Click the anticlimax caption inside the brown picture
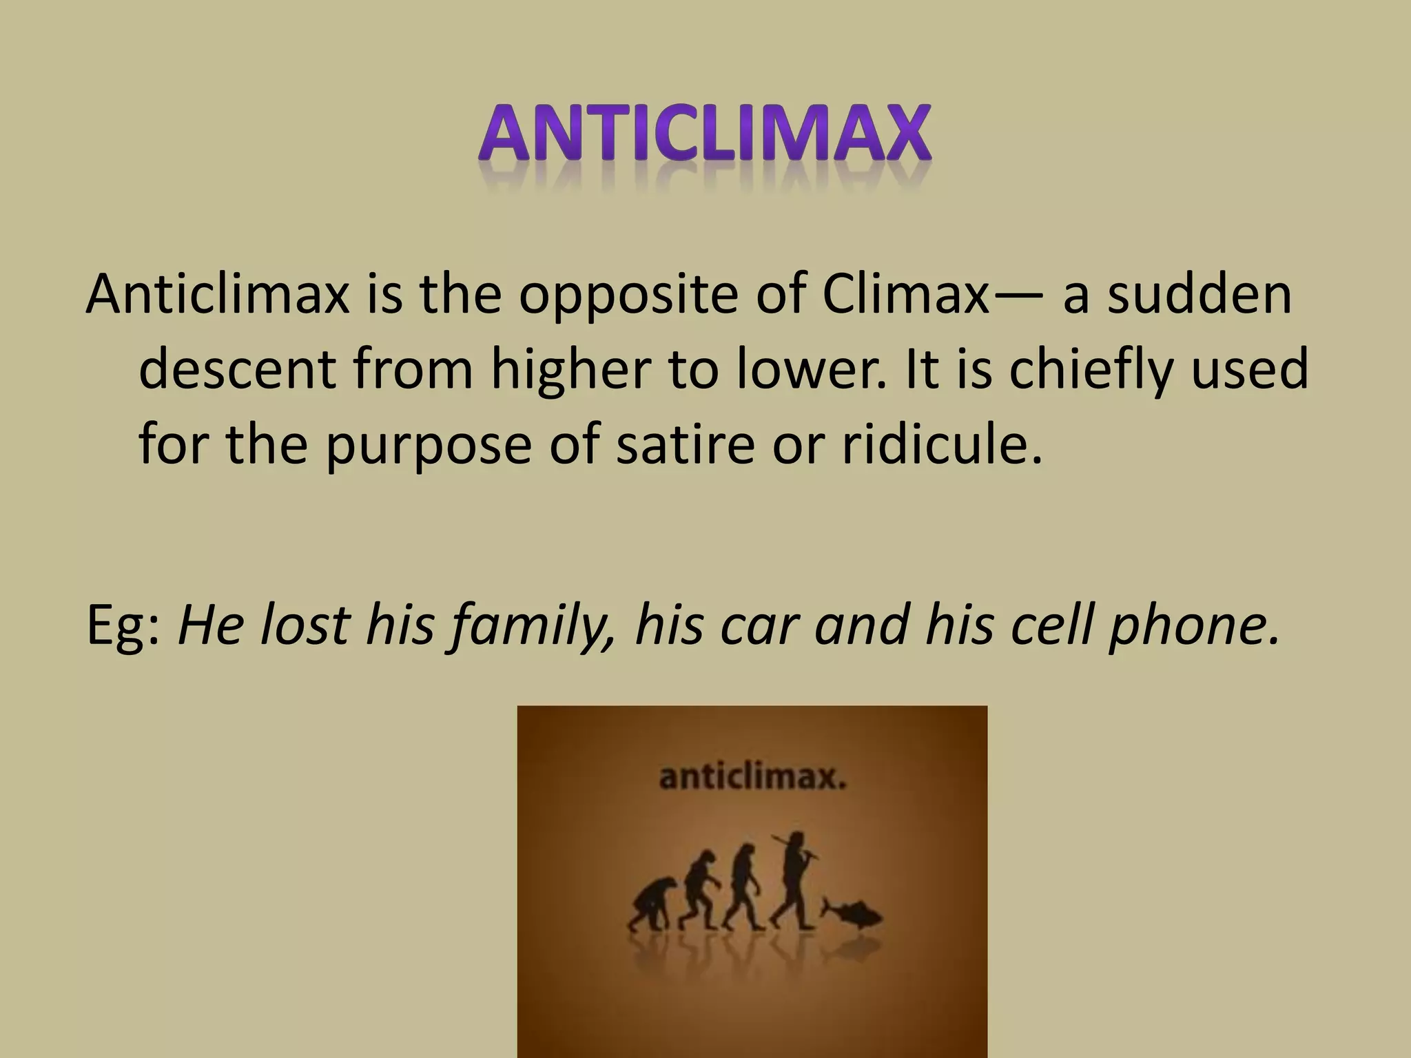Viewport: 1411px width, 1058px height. (752, 778)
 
